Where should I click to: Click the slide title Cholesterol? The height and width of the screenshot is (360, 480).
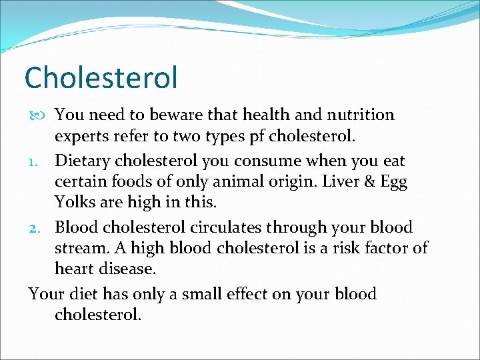(101, 77)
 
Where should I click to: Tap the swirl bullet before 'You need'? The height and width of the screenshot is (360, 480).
(38, 115)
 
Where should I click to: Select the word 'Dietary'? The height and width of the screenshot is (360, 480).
(83, 161)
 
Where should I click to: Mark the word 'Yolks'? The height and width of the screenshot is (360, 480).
(75, 201)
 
